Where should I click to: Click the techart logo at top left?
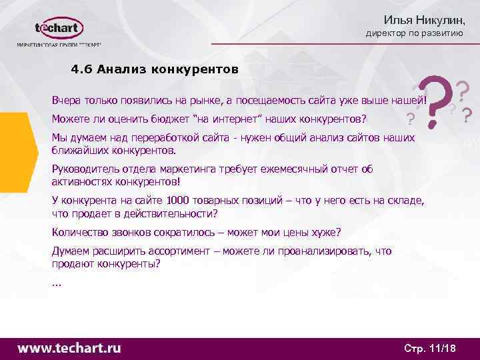click(59, 30)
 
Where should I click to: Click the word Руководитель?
click(84, 169)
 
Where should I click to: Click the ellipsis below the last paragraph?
click(55, 283)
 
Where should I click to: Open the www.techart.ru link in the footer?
click(69, 348)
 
